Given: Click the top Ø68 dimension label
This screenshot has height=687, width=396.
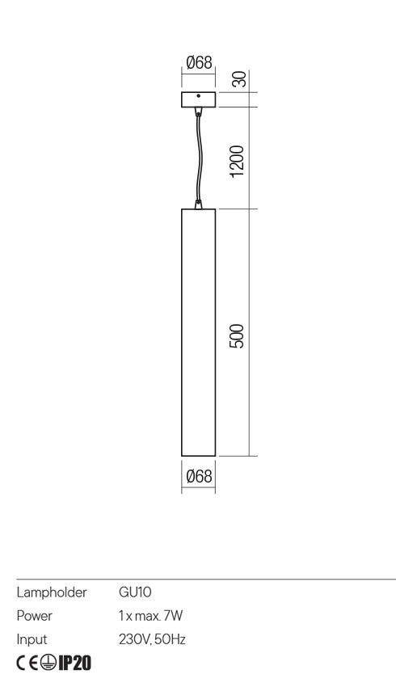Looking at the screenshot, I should click(198, 62).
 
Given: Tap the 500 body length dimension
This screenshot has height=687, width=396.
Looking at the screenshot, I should click(237, 334).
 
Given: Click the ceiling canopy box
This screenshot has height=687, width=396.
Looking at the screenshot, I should click(198, 100).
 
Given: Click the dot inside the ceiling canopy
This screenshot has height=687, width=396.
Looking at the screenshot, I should click(198, 97).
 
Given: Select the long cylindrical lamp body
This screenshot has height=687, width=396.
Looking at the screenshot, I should click(198, 331).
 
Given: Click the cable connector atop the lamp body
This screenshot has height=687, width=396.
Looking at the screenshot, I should click(198, 204).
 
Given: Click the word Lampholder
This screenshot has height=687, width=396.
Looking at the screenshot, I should click(53, 592).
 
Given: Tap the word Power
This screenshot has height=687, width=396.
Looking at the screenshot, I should click(35, 615).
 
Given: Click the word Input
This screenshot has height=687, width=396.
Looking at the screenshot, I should click(32, 639).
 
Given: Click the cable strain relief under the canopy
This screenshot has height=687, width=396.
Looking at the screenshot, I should click(198, 113).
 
